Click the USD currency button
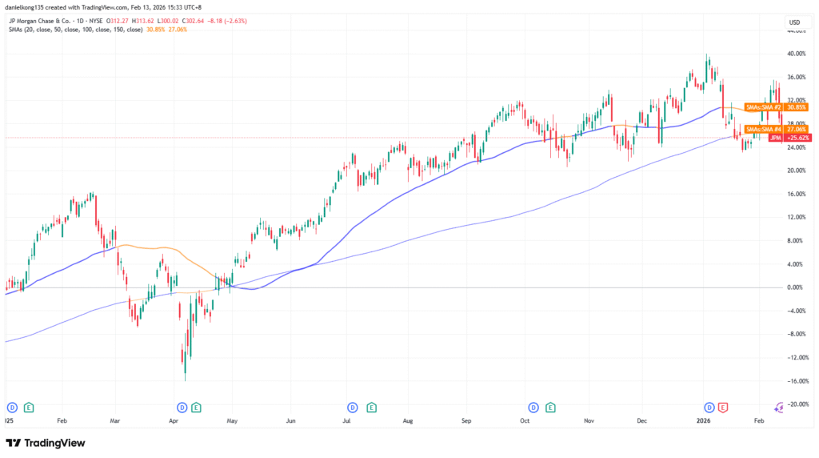pyautogui.click(x=794, y=22)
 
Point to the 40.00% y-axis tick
pyautogui.click(x=795, y=54)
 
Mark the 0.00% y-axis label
pyautogui.click(x=797, y=287)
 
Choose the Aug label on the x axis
pyautogui.click(x=407, y=420)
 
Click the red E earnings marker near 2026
pyautogui.click(x=723, y=407)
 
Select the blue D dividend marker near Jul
pyautogui.click(x=353, y=407)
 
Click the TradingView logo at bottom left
pyautogui.click(x=46, y=443)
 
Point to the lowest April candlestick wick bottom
pyautogui.click(x=186, y=380)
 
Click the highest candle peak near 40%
pyautogui.click(x=707, y=54)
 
